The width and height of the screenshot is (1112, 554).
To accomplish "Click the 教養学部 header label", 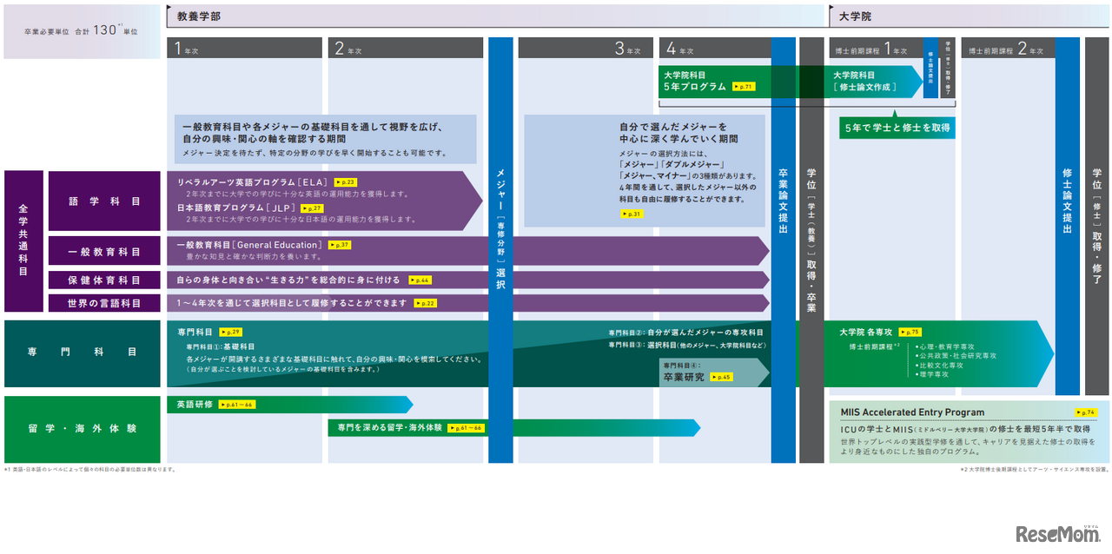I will pos(199,16).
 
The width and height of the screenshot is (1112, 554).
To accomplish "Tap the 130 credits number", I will pos(105,30).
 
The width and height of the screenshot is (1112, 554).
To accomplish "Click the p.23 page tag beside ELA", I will pos(345,182).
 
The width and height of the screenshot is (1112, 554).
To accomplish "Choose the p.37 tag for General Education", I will pos(340,246).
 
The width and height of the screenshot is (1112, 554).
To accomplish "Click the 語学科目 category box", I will pos(104,201).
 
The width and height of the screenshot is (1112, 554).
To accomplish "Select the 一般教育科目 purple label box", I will pos(104,252).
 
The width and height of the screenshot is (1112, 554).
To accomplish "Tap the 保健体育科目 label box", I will pos(104,280).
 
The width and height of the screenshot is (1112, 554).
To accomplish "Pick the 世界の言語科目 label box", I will pos(104,303).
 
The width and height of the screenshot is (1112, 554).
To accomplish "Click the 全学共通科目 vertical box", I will pos(23,241).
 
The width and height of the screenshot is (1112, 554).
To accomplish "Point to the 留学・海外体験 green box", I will pos(83,429).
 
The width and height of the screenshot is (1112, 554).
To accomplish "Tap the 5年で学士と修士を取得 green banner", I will pos(897,128).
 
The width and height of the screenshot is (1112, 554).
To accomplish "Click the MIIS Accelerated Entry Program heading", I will pos(912,412).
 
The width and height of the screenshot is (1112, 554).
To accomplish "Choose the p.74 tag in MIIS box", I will pos(1085,412).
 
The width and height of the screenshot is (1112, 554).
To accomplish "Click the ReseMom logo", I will pos(1056,534).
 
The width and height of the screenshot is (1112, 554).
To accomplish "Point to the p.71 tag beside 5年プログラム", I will pos(743,87).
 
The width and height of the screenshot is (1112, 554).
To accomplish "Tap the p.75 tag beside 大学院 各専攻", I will pos(910,332).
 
